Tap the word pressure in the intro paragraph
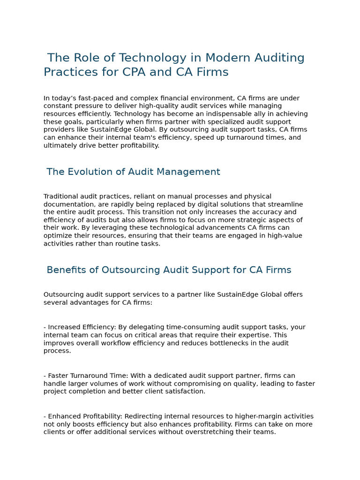pyautogui.click(x=86, y=106)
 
